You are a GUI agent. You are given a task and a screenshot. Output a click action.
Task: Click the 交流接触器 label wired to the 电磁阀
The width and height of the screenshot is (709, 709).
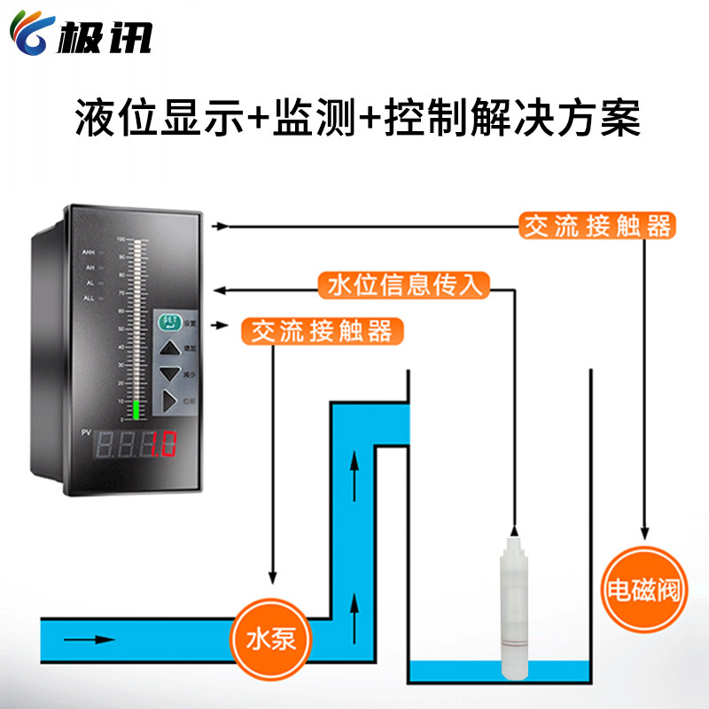(596, 226)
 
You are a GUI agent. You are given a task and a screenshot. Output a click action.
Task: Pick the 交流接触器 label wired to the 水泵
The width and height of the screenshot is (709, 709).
(322, 331)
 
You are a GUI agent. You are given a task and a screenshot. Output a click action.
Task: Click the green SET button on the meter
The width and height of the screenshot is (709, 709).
(168, 323)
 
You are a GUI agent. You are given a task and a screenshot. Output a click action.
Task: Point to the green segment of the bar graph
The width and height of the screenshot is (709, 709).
(136, 409)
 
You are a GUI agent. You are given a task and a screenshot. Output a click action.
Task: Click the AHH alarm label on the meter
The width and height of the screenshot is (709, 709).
(90, 253)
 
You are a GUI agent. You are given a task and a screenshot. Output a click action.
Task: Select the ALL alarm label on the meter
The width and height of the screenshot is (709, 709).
(90, 299)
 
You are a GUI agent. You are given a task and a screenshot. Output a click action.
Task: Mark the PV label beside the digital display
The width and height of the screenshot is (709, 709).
(86, 432)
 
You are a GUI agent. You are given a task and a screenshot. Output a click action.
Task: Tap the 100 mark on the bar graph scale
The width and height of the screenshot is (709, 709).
(119, 239)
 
